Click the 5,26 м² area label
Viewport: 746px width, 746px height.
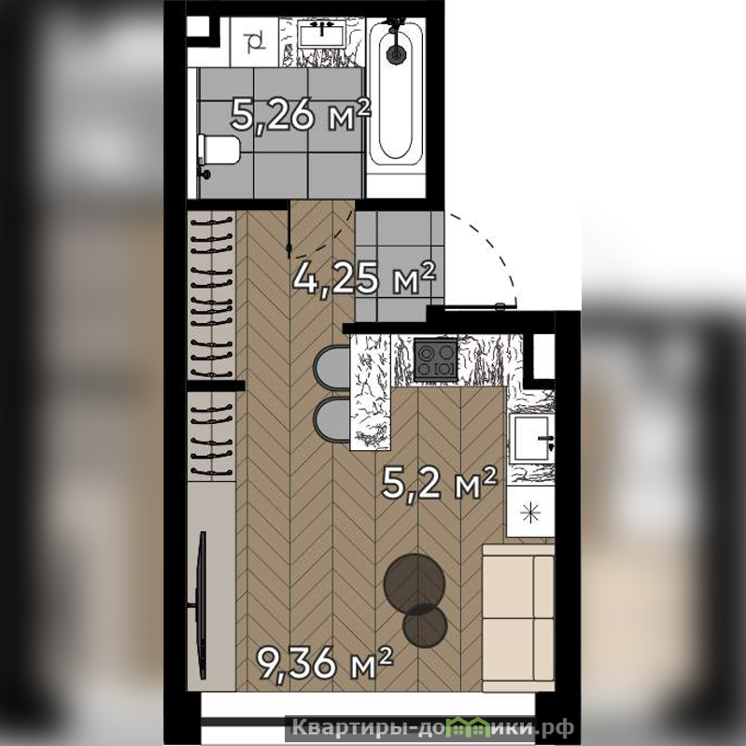pyautogui.click(x=301, y=115)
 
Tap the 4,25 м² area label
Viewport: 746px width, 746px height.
pyautogui.click(x=364, y=278)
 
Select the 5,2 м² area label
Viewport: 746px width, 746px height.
pyautogui.click(x=439, y=483)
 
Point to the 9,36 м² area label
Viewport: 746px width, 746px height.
pyautogui.click(x=325, y=663)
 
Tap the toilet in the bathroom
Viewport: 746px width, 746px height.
pyautogui.click(x=218, y=150)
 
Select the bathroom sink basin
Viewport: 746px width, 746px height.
pyautogui.click(x=322, y=34)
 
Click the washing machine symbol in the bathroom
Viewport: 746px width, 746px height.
pyautogui.click(x=254, y=42)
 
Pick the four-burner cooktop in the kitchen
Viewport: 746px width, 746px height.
pyautogui.click(x=435, y=359)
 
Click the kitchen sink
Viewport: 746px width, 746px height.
pyautogui.click(x=531, y=438)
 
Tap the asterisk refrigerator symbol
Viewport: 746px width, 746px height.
pyautogui.click(x=530, y=513)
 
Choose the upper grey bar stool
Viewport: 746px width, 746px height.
pyautogui.click(x=332, y=368)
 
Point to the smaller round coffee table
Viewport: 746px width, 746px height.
pyautogui.click(x=425, y=626)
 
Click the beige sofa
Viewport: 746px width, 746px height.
pyautogui.click(x=518, y=617)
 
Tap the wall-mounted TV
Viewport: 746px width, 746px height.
pyautogui.click(x=202, y=605)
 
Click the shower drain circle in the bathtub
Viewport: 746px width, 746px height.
pyautogui.click(x=395, y=53)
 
